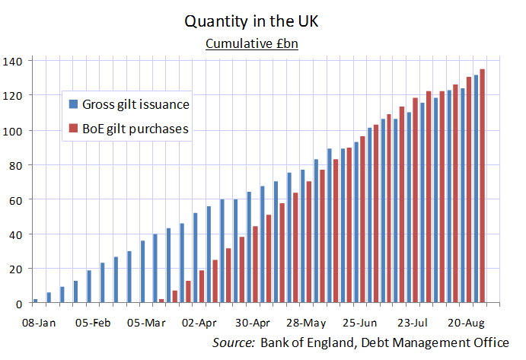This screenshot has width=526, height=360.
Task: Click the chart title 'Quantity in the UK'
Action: point(251,21)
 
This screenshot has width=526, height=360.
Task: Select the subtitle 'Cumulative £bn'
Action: point(251,43)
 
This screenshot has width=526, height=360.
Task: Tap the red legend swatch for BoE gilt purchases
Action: point(72,129)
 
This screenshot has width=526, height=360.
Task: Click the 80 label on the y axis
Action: point(16,164)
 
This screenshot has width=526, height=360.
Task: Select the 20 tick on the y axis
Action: point(16,269)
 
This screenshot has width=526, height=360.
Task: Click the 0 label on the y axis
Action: point(19,304)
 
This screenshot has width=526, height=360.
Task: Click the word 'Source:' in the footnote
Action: point(234,342)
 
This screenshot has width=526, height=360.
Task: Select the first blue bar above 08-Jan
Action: point(35,301)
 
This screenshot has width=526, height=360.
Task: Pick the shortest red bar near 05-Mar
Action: point(161,301)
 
